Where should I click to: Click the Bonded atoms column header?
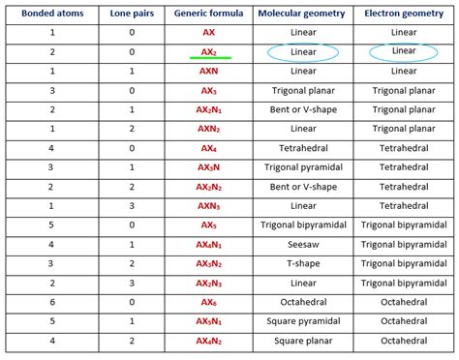click(46, 15)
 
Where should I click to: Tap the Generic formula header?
click(208, 15)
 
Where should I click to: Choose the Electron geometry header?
click(405, 15)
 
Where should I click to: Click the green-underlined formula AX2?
click(208, 52)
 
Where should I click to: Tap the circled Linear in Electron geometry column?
click(405, 51)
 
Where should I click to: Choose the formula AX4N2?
click(208, 341)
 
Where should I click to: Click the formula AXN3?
click(208, 206)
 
